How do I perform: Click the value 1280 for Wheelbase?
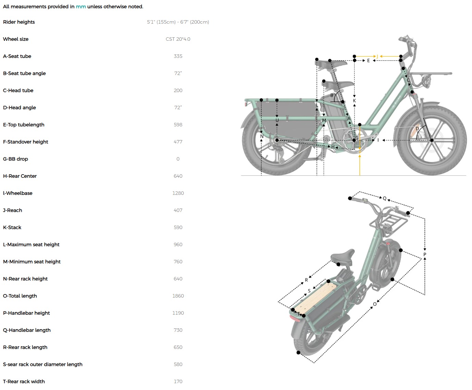tap(178, 193)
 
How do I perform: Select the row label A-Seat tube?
tap(17, 56)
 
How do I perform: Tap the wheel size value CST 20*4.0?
tap(178, 39)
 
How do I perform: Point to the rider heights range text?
tap(178, 22)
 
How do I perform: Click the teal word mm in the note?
tap(81, 7)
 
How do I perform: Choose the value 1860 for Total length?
tap(178, 296)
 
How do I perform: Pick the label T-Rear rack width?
tap(24, 381)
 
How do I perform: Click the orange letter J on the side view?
tap(377, 56)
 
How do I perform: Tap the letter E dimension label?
tap(368, 61)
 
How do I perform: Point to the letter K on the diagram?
tap(354, 101)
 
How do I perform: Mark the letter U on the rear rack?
tap(277, 120)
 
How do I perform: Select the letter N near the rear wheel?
tap(262, 136)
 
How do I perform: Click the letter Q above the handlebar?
tap(384, 198)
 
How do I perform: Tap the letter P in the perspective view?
tap(425, 254)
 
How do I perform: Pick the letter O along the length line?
tap(375, 304)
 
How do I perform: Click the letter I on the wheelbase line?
tap(378, 140)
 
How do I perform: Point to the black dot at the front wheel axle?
tap(432, 140)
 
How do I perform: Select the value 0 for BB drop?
tap(178, 159)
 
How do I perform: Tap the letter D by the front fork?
tap(417, 128)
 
